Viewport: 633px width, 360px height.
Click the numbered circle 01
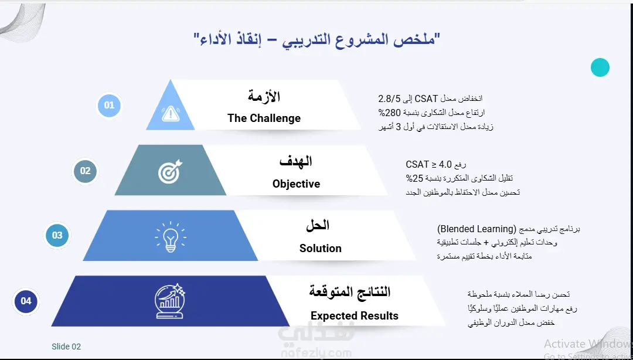[109, 106]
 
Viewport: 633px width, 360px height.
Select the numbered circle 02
[85, 171]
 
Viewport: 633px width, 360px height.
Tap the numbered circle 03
[57, 235]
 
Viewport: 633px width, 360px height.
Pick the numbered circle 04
[26, 301]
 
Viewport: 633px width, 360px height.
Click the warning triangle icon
[171, 114]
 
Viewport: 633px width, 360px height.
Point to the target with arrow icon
[170, 172]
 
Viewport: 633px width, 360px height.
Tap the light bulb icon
[171, 237]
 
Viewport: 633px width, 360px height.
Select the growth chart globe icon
[169, 301]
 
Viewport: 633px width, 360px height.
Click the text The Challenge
[264, 118]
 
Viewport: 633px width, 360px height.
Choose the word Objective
[297, 184]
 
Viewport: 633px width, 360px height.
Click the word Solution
[321, 248]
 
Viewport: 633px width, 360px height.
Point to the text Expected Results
[355, 315]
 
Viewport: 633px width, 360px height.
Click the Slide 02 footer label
[66, 347]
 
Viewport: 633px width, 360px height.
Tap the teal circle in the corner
[600, 67]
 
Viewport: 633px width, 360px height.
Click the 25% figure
[414, 178]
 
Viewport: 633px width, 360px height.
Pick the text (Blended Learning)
[477, 229]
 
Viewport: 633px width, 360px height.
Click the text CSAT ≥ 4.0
[428, 164]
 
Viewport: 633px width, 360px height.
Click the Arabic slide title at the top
[317, 40]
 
